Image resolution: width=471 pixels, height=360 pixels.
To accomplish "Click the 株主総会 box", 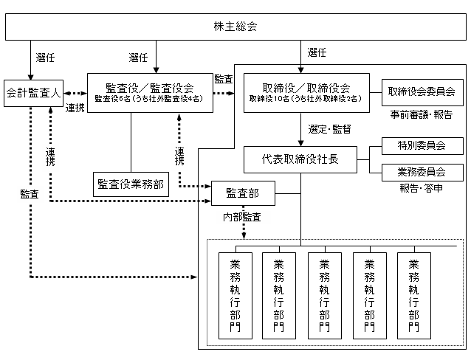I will click(235, 27).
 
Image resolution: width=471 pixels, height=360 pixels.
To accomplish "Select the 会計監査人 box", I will click(33, 93).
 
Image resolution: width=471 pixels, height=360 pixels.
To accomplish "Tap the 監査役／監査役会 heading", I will click(150, 86).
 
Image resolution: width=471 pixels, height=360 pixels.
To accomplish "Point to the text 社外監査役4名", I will click(176, 99).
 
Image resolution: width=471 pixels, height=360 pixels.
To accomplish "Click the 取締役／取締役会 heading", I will click(306, 86).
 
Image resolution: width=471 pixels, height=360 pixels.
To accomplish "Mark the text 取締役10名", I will click(267, 99).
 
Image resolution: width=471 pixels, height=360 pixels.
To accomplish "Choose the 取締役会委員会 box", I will click(422, 92).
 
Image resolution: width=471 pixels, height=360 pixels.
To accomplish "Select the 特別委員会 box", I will click(422, 145).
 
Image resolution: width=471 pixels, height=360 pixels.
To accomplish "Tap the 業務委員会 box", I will click(422, 173).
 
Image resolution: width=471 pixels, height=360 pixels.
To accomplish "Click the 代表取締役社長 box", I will click(300, 159).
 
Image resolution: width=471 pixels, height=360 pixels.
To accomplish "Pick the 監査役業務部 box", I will click(131, 185).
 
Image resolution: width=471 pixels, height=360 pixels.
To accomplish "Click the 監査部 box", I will click(243, 193).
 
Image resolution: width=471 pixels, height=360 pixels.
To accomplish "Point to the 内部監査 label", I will click(243, 217).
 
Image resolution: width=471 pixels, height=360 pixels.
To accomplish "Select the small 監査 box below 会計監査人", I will click(30, 195).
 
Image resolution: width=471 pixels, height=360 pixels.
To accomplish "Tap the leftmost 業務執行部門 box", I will click(235, 295).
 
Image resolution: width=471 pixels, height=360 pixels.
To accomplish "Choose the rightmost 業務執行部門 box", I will click(413, 295).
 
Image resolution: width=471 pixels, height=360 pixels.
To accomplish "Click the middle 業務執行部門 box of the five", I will click(324, 295).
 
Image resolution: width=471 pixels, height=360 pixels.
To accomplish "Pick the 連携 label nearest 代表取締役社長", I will click(179, 156).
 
